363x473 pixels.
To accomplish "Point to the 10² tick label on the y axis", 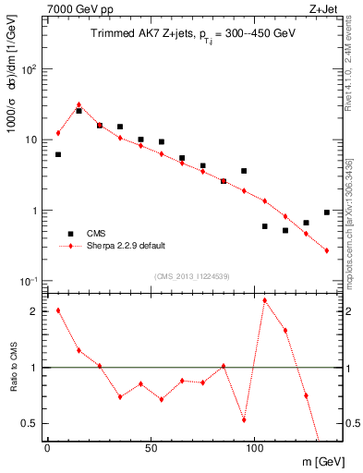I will pyautogui.click(x=31, y=69).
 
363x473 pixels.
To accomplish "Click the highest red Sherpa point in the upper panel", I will pyautogui.click(x=79, y=104).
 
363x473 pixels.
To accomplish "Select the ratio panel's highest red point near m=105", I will pyautogui.click(x=265, y=300).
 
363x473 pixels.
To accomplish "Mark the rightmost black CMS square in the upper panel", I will pyautogui.click(x=327, y=212).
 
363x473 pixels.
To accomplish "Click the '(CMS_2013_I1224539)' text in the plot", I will pyautogui.click(x=191, y=275).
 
